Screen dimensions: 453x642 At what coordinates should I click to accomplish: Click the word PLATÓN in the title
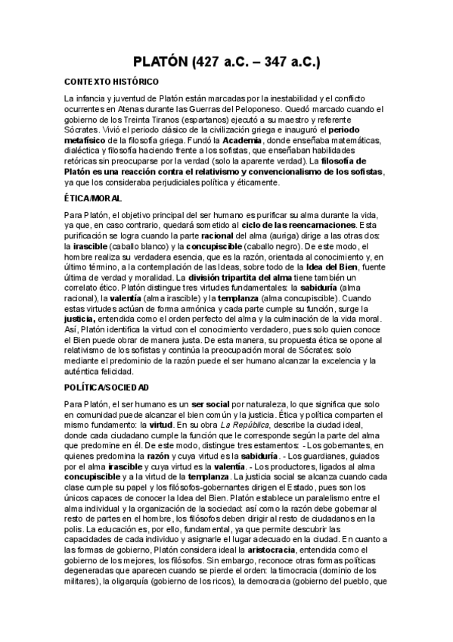point(160,61)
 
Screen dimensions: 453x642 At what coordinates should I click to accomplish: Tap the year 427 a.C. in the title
point(227,61)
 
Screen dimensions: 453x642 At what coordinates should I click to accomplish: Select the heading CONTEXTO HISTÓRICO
point(110,82)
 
